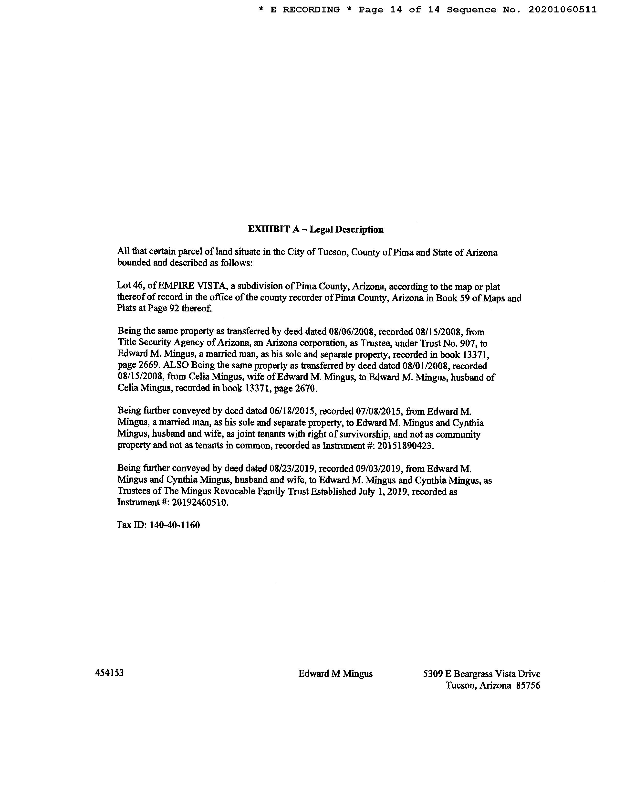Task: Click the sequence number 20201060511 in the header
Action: pyautogui.click(x=562, y=10)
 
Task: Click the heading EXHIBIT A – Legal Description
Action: pyautogui.click(x=315, y=230)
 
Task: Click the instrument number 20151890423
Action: pyautogui.click(x=404, y=446)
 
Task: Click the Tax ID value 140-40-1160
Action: pyautogui.click(x=174, y=525)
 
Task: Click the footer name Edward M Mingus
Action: pyautogui.click(x=335, y=674)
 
